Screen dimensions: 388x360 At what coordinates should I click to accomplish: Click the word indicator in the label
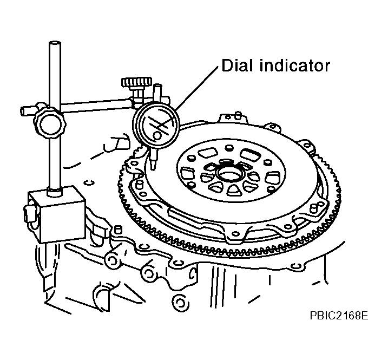[x=294, y=66]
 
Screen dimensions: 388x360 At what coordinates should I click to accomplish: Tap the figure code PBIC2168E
[x=339, y=316]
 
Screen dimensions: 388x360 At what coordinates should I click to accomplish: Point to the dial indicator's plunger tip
[x=153, y=168]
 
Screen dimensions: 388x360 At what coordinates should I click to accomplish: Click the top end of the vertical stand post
[x=55, y=43]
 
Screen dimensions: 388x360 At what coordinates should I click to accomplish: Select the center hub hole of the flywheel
[x=229, y=175]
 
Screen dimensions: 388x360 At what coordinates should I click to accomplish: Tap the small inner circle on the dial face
[x=157, y=135]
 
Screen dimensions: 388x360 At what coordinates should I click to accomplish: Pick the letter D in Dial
[x=228, y=66]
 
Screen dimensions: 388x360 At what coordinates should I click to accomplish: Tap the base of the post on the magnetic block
[x=55, y=192]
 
